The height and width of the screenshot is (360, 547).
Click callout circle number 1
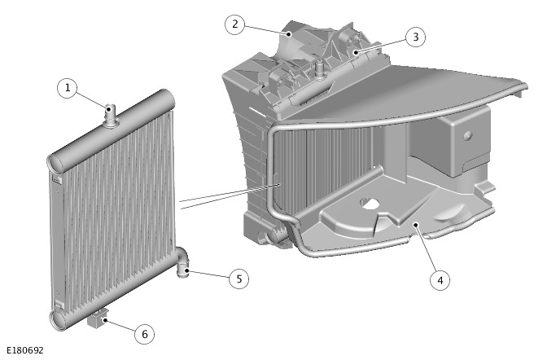click(x=68, y=88)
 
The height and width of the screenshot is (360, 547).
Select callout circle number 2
click(x=234, y=24)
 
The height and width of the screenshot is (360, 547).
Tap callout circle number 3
click(x=415, y=37)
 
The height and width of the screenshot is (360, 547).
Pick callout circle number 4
click(x=440, y=280)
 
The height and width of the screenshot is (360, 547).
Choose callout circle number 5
click(x=239, y=279)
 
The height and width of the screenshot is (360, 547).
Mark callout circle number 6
click(x=144, y=334)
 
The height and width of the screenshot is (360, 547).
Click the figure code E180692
click(x=25, y=350)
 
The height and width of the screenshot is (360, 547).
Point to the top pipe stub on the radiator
click(x=112, y=116)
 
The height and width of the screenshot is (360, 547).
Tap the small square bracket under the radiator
click(x=98, y=319)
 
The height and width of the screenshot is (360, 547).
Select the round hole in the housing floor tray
click(x=370, y=204)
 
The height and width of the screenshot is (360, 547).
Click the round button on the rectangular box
click(x=468, y=135)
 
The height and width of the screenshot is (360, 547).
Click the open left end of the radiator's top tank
click(x=56, y=164)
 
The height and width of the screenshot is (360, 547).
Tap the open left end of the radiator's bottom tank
click(x=57, y=320)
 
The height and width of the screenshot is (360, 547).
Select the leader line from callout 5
click(x=208, y=274)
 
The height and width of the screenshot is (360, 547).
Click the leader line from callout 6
click(x=120, y=325)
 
